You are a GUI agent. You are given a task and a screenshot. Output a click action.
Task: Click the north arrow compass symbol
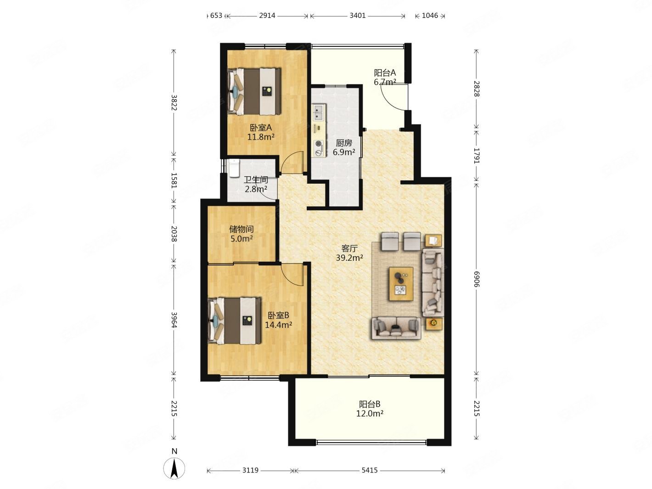coord(174,467)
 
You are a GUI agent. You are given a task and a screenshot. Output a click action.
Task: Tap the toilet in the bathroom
coord(234,169)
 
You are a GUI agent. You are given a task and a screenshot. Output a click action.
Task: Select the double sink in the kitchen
coord(319,112)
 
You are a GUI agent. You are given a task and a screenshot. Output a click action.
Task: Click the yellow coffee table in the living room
coord(401,284)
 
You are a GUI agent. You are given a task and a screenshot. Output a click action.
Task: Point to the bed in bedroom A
coord(254,91)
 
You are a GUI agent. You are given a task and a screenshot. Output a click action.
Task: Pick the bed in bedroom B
coord(235,320)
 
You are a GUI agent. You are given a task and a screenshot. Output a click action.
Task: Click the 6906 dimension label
coord(476,279)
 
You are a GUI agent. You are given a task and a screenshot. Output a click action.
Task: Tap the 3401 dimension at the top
coord(357,16)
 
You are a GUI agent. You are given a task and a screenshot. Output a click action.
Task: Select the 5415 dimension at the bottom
coord(370,470)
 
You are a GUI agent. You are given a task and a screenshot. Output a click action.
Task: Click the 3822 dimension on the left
coord(174,102)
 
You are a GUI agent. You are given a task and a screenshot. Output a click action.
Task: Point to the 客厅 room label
coord(349,248)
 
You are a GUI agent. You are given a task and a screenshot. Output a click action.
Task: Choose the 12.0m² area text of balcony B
coord(370,413)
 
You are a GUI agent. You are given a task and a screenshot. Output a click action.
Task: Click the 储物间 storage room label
coord(242,229)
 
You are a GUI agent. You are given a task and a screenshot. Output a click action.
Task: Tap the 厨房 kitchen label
coord(343,143)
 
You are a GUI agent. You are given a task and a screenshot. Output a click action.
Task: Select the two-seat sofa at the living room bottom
coord(396,328)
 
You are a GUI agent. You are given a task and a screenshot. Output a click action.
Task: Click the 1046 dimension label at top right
coord(430,16)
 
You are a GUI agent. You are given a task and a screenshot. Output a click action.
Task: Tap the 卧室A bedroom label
coord(261,128)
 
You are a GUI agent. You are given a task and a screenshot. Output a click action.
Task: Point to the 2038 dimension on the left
coord(174,234)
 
